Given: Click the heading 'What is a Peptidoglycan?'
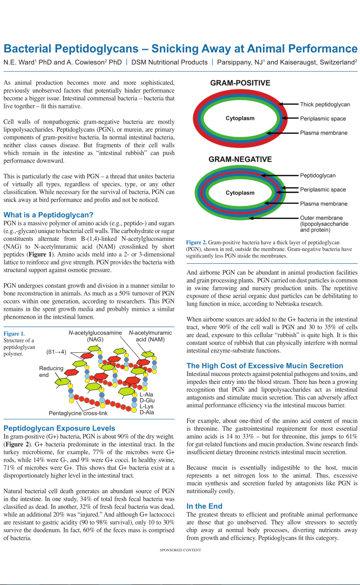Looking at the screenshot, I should (x=48, y=215).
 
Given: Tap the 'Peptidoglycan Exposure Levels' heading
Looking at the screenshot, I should (x=59, y=428).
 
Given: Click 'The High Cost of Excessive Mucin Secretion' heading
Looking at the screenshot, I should (x=265, y=366).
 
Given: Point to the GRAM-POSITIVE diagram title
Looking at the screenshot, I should (x=240, y=83).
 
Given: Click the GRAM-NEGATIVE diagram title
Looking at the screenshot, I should (x=240, y=160).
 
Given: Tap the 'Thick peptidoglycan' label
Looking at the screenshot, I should (x=325, y=104).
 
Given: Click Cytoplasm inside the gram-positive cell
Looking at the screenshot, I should (x=240, y=118).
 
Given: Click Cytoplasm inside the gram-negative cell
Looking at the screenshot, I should (x=240, y=193).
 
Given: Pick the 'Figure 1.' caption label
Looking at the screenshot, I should (x=14, y=334).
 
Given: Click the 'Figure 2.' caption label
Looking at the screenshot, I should (x=197, y=242).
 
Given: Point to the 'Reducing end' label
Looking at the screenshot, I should (x=51, y=372).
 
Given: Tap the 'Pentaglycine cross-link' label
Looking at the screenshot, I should (x=78, y=413).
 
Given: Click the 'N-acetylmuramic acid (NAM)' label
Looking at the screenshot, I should (x=150, y=336).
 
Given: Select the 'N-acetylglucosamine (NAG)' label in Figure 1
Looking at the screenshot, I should (x=95, y=336).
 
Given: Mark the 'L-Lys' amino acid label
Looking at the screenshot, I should (x=147, y=406).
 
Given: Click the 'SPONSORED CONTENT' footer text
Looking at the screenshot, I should (x=180, y=550).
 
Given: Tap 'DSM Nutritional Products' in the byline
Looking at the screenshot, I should (x=170, y=62).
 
